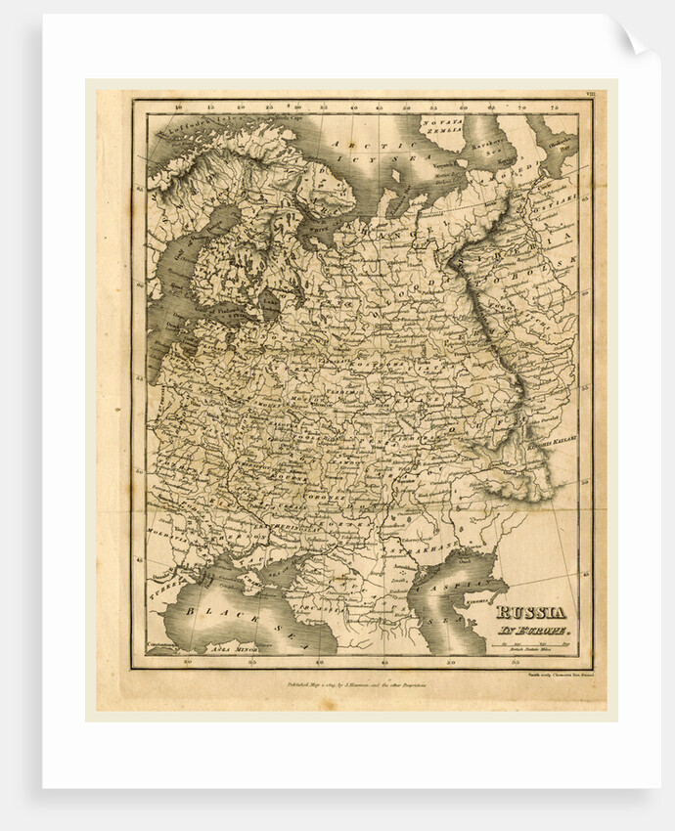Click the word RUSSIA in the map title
[530, 613]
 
